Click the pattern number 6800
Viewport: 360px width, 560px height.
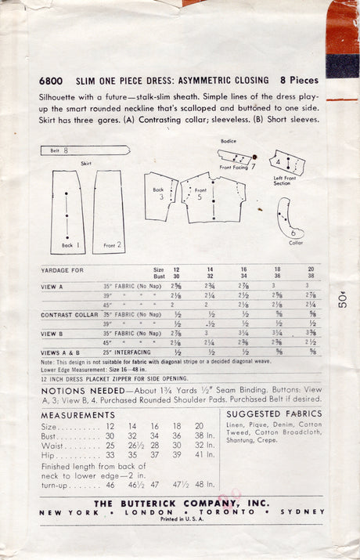click(52, 81)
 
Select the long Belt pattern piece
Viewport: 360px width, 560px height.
click(85, 149)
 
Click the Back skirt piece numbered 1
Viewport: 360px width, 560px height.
click(68, 214)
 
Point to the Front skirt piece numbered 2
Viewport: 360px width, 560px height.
click(108, 213)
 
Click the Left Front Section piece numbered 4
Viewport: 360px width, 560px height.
click(286, 164)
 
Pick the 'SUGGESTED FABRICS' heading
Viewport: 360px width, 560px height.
click(273, 414)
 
